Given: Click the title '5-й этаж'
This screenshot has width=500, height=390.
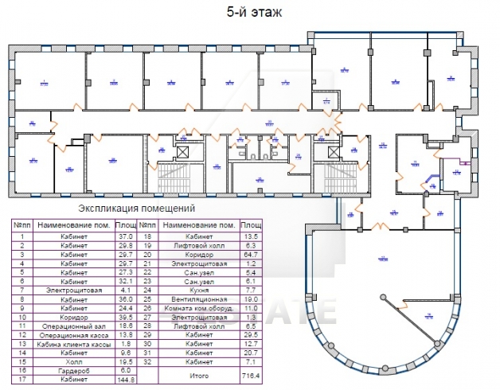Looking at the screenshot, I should click(249, 12).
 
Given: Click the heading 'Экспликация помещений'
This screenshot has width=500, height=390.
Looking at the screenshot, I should click(131, 209).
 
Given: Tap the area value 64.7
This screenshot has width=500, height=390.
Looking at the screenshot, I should click(252, 255).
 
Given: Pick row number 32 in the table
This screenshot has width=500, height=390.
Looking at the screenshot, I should click(146, 362).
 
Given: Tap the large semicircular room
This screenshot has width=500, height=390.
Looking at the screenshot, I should click(382, 287).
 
